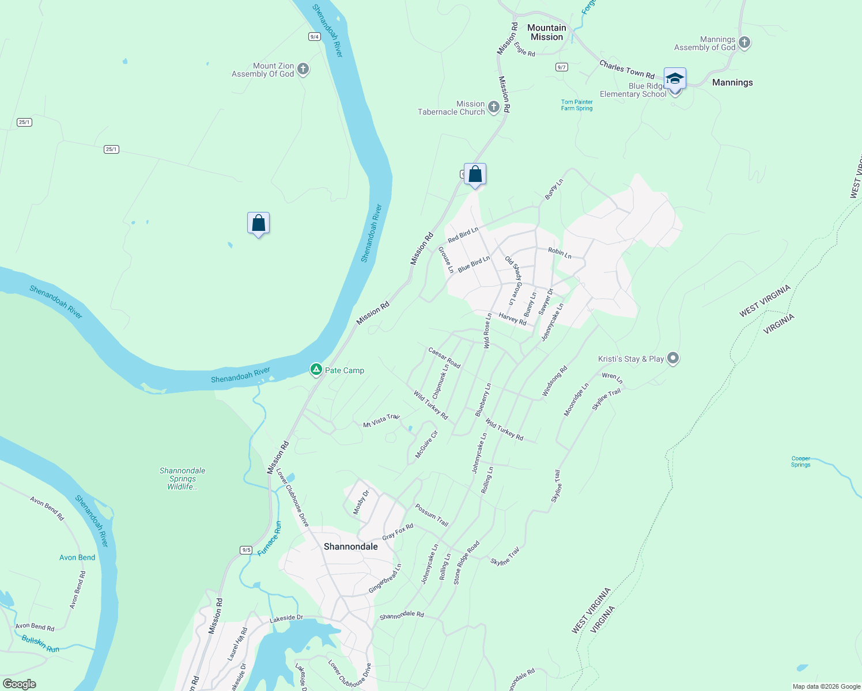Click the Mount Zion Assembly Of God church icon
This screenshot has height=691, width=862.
point(303,70)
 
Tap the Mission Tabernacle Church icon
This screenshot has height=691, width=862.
point(493,107)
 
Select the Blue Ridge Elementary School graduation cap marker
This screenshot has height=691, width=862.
point(674,79)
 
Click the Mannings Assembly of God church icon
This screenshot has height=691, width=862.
point(744,43)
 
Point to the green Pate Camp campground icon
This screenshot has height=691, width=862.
point(316,370)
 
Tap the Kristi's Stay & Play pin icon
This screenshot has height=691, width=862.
point(672,359)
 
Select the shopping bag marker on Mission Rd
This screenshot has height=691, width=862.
point(475,174)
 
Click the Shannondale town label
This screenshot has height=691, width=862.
point(350,546)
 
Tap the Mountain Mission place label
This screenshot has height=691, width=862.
point(546,32)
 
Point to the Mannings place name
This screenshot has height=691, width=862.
point(732,82)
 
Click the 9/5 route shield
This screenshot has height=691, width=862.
point(246,550)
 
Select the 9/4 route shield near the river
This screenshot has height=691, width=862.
point(314,36)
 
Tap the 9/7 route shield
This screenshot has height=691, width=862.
point(561,67)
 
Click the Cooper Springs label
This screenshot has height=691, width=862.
point(800,462)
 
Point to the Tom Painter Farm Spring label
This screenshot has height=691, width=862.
point(576,105)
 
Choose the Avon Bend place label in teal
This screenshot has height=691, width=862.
point(77,557)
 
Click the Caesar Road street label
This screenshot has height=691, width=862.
point(444,358)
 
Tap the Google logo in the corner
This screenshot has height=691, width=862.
point(19,684)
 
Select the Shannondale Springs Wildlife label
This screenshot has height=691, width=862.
point(182,479)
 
